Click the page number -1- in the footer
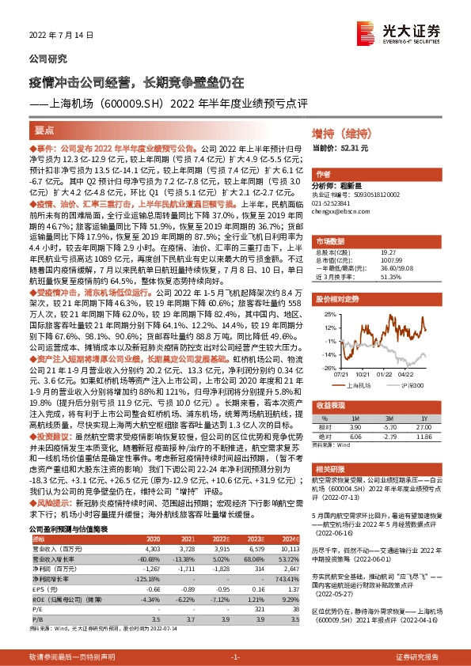coord(235,657)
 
